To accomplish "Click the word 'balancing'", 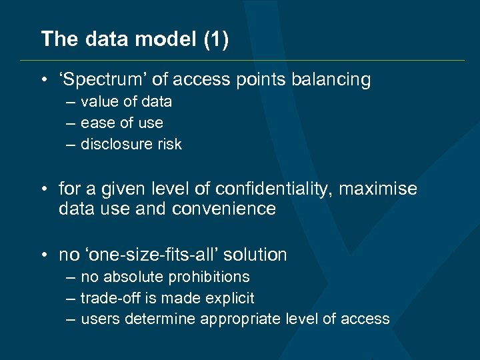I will pos(330,80).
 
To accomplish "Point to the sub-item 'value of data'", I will pos(126,102).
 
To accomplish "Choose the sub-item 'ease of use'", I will pos(121,123).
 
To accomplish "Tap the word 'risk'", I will pos(168,145).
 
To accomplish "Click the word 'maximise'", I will pos(378,189).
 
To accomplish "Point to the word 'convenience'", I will pos(223,209).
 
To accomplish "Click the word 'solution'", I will pos(255,255).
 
